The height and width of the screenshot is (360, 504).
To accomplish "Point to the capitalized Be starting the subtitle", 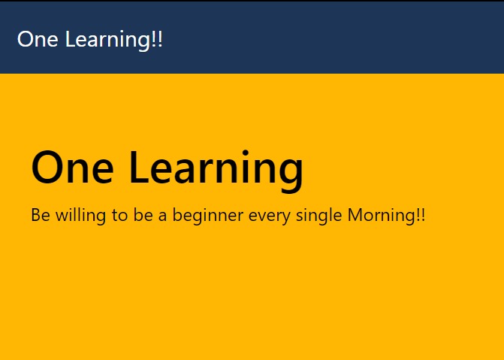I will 40,216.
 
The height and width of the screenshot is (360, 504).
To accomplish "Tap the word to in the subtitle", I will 119,216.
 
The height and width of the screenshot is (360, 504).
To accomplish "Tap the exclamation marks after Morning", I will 420,216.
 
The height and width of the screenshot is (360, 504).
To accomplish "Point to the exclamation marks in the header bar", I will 157,39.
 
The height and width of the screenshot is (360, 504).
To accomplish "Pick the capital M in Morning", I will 357,216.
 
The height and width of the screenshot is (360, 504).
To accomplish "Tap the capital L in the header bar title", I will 70,39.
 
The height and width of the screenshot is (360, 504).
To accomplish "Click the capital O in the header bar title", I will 25,39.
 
